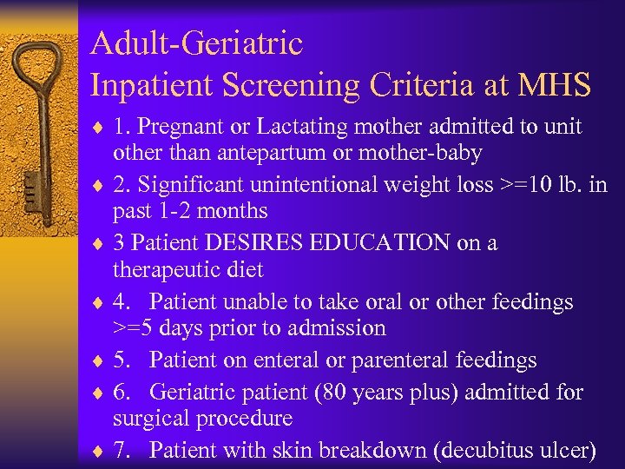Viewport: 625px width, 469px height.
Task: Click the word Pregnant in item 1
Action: pyautogui.click(x=176, y=127)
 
